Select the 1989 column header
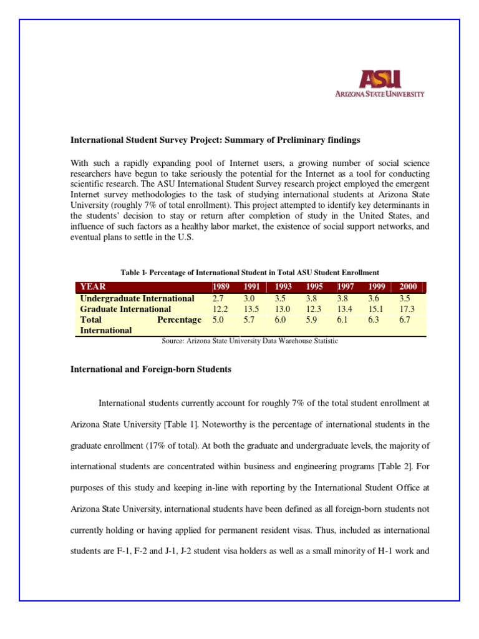[x=221, y=286]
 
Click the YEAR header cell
[x=94, y=286]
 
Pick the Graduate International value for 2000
[x=407, y=309]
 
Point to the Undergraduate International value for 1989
[x=220, y=298]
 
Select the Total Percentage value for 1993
[x=280, y=319]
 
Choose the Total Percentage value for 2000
[x=407, y=319]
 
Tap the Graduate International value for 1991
[x=251, y=309]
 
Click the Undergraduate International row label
[x=137, y=298]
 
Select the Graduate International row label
[x=125, y=309]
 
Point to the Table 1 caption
[x=249, y=272]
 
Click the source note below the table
[x=249, y=341]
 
